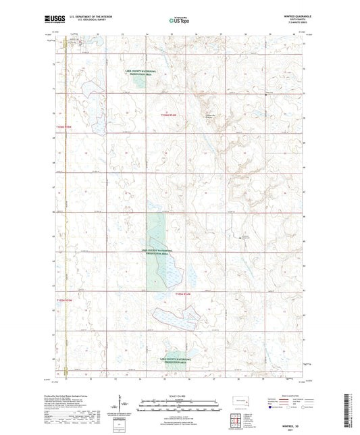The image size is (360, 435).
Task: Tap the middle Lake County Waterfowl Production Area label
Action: pos(157,251)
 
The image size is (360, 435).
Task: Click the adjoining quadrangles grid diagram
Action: pos(238,419)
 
